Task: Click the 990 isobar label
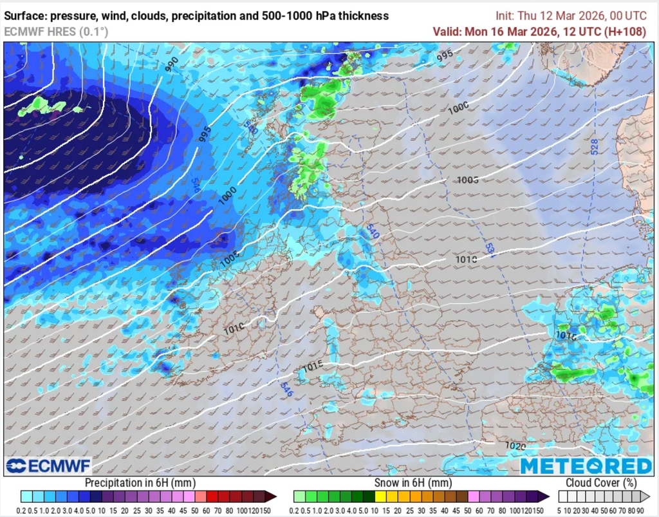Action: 171,63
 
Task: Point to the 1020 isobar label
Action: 515,446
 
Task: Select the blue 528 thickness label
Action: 593,146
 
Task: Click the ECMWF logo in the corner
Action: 48,465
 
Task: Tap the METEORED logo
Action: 586,466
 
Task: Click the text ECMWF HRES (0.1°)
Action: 56,31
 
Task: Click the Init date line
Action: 570,15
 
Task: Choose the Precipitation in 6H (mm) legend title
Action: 140,483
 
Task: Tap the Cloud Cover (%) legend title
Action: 601,483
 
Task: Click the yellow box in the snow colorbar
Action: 380,496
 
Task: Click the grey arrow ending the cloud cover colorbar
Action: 645,496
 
